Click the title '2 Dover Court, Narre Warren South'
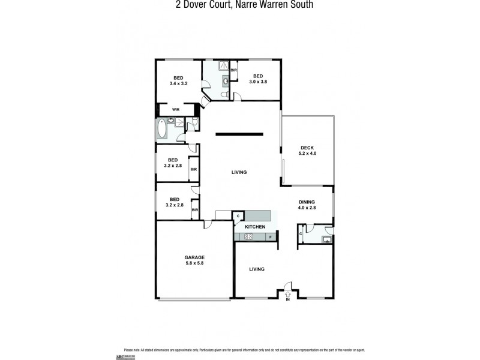(240, 5)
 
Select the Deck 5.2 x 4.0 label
(308, 151)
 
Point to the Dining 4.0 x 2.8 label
(307, 205)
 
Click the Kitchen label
(255, 227)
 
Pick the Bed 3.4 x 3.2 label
(179, 80)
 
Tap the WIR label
(176, 110)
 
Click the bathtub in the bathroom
(161, 128)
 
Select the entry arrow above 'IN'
(288, 294)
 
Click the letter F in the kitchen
(271, 237)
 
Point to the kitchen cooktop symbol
(248, 237)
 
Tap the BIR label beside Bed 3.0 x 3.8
(233, 71)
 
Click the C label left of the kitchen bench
(238, 216)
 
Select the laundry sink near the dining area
(326, 240)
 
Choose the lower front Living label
(257, 269)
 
